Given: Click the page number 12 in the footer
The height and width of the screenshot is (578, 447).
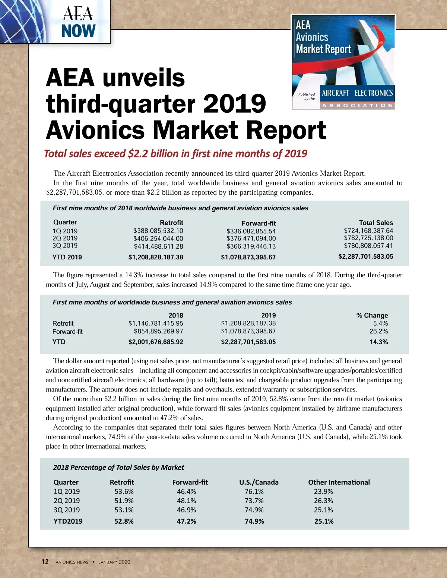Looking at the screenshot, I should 45,562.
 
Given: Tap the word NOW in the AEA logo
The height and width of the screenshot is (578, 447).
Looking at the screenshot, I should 79,31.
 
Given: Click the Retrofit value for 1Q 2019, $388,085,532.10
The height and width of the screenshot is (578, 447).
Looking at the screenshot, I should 158,231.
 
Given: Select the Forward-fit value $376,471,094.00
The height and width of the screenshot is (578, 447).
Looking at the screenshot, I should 251,239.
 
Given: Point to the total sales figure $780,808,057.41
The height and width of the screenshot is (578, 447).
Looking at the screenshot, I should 368,246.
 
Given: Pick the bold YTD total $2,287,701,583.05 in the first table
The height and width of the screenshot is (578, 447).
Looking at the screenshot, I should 365,256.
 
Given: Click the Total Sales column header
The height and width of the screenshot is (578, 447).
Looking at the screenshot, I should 376,223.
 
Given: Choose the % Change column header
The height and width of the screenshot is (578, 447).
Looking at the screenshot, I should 372,315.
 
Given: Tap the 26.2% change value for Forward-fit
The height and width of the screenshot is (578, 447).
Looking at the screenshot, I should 378,331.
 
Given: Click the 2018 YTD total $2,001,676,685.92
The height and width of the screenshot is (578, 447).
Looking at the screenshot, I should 156,342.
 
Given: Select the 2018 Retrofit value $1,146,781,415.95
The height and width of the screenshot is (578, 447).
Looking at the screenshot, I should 156,323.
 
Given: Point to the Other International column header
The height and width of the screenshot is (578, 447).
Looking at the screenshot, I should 339,482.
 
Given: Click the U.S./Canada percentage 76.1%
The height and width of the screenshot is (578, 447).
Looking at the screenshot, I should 254,492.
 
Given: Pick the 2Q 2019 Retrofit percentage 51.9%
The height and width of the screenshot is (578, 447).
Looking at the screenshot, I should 124,501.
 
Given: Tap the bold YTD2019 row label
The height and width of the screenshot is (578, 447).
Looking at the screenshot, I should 68,521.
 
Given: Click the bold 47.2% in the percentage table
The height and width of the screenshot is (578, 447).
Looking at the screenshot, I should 186,521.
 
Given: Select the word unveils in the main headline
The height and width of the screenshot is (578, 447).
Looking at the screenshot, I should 143,78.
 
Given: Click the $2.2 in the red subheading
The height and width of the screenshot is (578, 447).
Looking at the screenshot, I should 138,154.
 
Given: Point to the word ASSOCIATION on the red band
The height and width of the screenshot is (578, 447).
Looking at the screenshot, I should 357,105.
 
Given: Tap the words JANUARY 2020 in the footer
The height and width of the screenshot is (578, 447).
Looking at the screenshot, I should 114,562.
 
